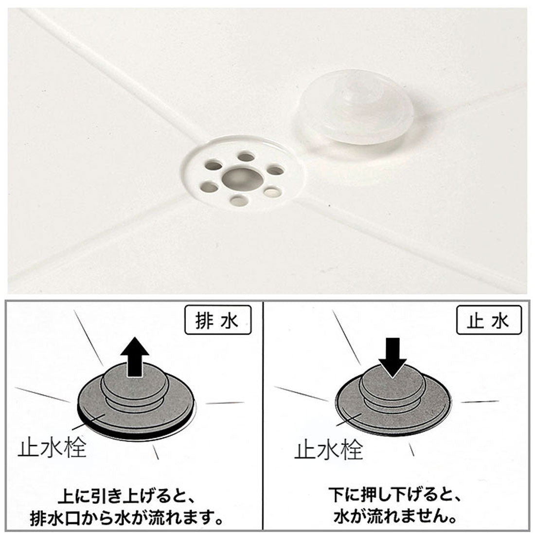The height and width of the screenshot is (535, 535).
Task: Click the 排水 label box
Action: tap(218, 320)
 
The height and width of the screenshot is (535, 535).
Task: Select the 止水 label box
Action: tap(489, 320)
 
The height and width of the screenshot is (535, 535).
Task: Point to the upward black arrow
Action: tap(136, 357)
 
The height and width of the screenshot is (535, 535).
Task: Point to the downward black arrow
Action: tap(393, 357)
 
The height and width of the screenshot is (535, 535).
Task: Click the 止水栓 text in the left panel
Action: tap(52, 447)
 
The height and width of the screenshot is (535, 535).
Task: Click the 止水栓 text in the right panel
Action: tap(328, 450)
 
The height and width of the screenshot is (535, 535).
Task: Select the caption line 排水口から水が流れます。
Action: tap(126, 518)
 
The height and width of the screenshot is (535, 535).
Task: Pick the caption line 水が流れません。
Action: tap(396, 517)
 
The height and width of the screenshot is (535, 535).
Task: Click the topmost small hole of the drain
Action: tap(246, 157)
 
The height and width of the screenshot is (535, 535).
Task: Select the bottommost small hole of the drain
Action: tap(239, 200)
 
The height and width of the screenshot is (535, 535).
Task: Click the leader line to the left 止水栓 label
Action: tap(88, 421)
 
